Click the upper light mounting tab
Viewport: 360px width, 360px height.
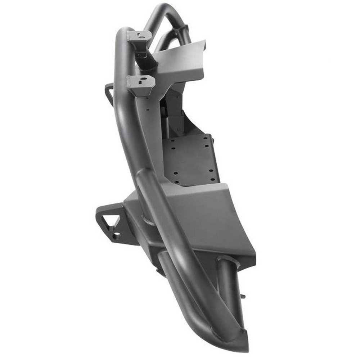pos(139,36)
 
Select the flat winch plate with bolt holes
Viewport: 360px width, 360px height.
pos(191,158)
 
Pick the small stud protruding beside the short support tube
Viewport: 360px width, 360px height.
pos(243,296)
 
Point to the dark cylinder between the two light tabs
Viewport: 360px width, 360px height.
pos(148,59)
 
